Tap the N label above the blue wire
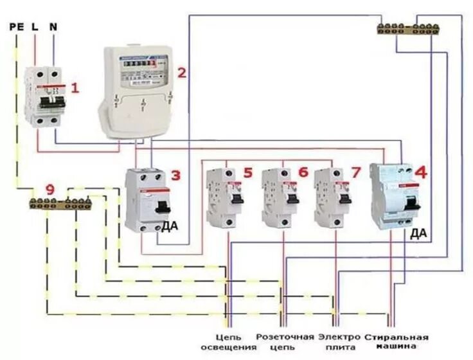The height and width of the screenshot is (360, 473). [x=53, y=27]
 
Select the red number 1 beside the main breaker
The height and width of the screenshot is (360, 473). [x=75, y=88]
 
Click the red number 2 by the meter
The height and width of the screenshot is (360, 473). [x=182, y=72]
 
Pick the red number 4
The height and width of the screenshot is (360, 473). [x=421, y=172]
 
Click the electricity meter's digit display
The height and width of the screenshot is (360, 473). [x=137, y=64]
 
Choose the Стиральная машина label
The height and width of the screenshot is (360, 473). [x=396, y=342]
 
